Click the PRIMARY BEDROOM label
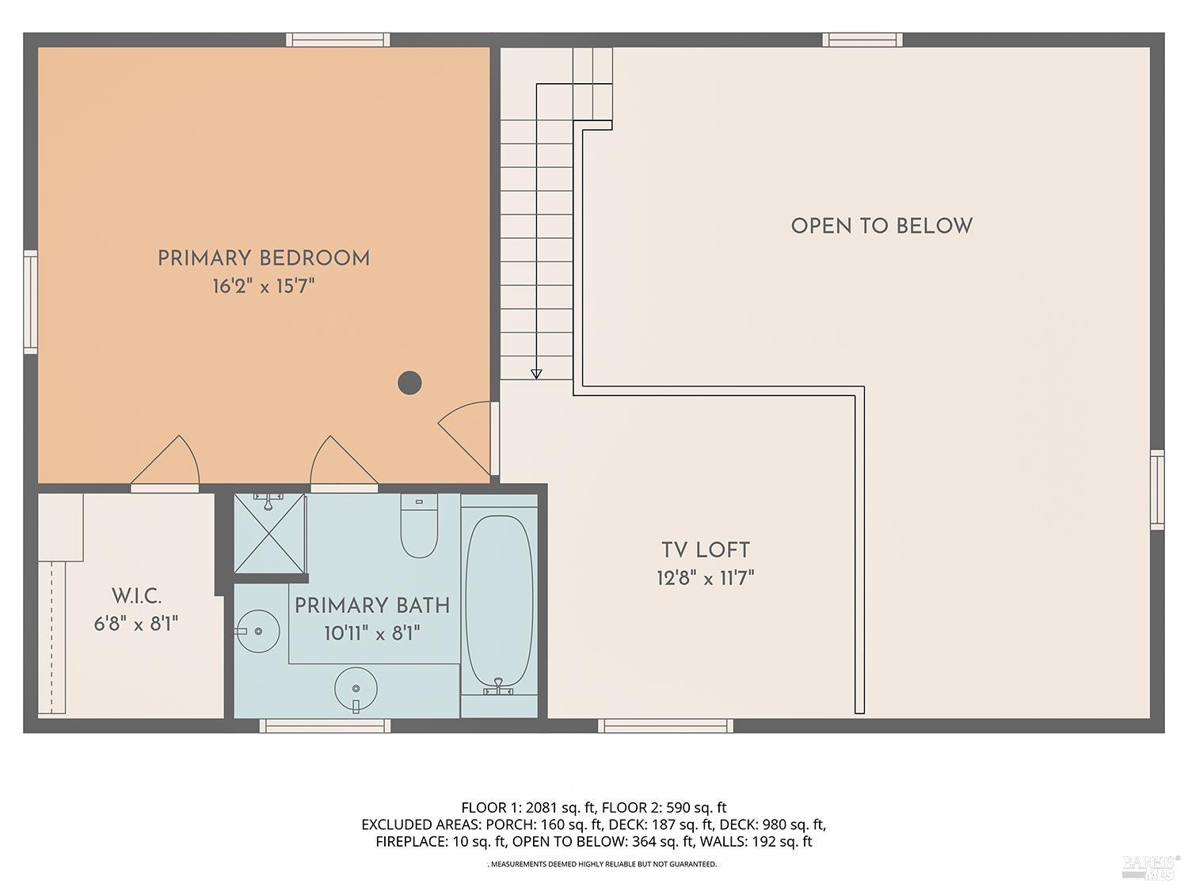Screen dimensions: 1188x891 [x=264, y=258]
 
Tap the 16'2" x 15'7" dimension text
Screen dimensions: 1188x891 [x=264, y=286]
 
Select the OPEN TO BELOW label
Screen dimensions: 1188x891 [x=881, y=227]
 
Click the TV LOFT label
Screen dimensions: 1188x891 [x=706, y=550]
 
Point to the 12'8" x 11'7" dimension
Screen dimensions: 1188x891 [x=706, y=578]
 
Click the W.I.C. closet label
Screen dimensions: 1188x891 [x=136, y=596]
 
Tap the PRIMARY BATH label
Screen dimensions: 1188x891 [x=372, y=605]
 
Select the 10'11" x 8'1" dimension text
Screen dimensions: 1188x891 [x=372, y=633]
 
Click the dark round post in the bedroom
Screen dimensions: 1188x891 [x=409, y=383]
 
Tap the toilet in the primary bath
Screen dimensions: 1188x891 [x=419, y=526]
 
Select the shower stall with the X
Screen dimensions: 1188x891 [x=269, y=533]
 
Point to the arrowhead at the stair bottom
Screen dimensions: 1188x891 [x=536, y=374]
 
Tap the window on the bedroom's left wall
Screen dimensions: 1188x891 [x=31, y=302]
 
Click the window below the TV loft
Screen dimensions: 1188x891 [x=666, y=725]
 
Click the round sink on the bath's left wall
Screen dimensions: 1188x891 [x=258, y=630]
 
